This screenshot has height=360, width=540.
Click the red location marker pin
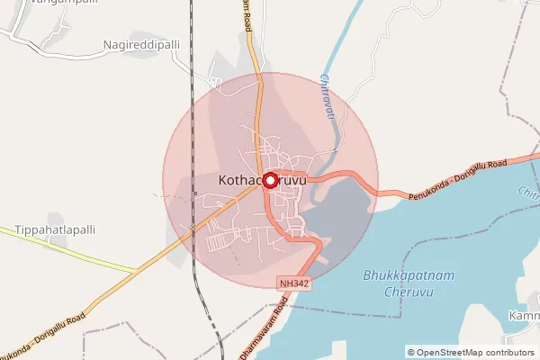point(269,179)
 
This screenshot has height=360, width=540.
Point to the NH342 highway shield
point(293,283)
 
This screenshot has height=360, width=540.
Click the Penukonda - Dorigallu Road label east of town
point(457,180)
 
